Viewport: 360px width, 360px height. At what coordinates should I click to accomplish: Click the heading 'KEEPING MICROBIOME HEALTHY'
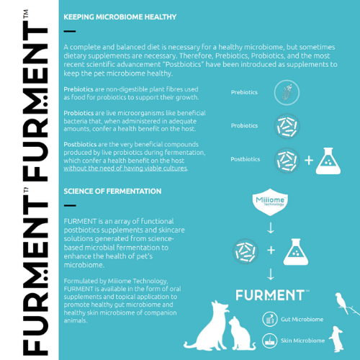click(120, 17)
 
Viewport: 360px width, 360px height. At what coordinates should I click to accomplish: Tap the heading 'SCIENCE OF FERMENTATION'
click(112, 192)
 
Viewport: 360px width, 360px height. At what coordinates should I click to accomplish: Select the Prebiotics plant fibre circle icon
click(287, 93)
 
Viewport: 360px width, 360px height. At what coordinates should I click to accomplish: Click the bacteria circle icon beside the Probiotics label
click(287, 126)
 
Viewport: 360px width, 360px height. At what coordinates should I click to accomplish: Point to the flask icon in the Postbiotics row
click(328, 161)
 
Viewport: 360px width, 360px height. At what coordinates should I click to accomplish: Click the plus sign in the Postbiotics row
click(309, 161)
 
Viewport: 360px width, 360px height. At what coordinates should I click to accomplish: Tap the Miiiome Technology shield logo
click(270, 202)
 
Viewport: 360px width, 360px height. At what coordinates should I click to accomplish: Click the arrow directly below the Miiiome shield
click(271, 228)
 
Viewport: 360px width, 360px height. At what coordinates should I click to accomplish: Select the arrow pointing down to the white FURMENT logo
click(271, 274)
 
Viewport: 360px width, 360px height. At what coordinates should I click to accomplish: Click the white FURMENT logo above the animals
click(272, 295)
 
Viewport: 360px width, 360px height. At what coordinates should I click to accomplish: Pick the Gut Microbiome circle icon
click(270, 319)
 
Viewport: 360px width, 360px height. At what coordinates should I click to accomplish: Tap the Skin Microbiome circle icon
click(270, 341)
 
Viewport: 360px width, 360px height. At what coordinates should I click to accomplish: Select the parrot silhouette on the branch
click(342, 303)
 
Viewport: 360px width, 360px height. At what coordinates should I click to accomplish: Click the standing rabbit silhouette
click(337, 339)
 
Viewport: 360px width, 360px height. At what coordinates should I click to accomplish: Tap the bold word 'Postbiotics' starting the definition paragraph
click(80, 145)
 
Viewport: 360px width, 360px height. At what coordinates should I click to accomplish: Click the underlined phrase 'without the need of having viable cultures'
click(125, 168)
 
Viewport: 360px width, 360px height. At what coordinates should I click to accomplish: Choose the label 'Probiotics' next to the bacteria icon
click(244, 125)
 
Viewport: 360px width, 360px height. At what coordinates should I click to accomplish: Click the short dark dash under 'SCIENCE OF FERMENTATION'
click(70, 205)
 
